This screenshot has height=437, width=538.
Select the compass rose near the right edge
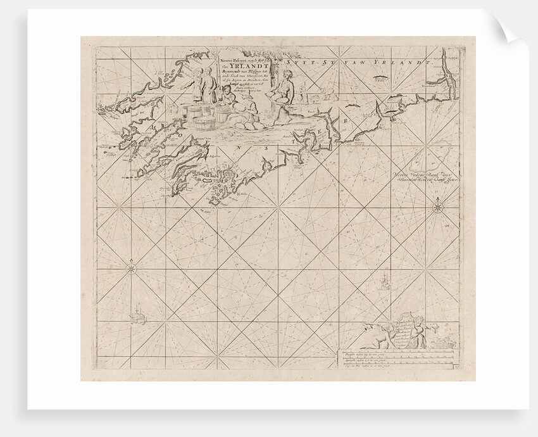[x=437, y=206]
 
